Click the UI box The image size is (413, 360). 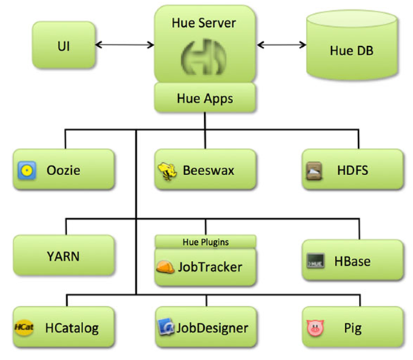pyautogui.click(x=64, y=45)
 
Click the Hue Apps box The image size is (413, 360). pyautogui.click(x=205, y=98)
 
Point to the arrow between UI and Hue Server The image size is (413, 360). pyautogui.click(x=125, y=44)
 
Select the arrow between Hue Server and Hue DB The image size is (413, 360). pyautogui.click(x=281, y=44)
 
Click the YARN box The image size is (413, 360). pyautogui.click(x=63, y=256)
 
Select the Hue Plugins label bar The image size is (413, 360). pyautogui.click(x=205, y=242)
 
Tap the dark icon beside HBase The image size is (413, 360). pyautogui.click(x=314, y=261)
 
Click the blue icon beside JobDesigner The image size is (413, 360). pyautogui.click(x=166, y=328)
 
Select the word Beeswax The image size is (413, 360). pyautogui.click(x=208, y=170)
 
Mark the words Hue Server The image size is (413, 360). pyautogui.click(x=204, y=23)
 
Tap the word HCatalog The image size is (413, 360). pyautogui.click(x=72, y=328)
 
